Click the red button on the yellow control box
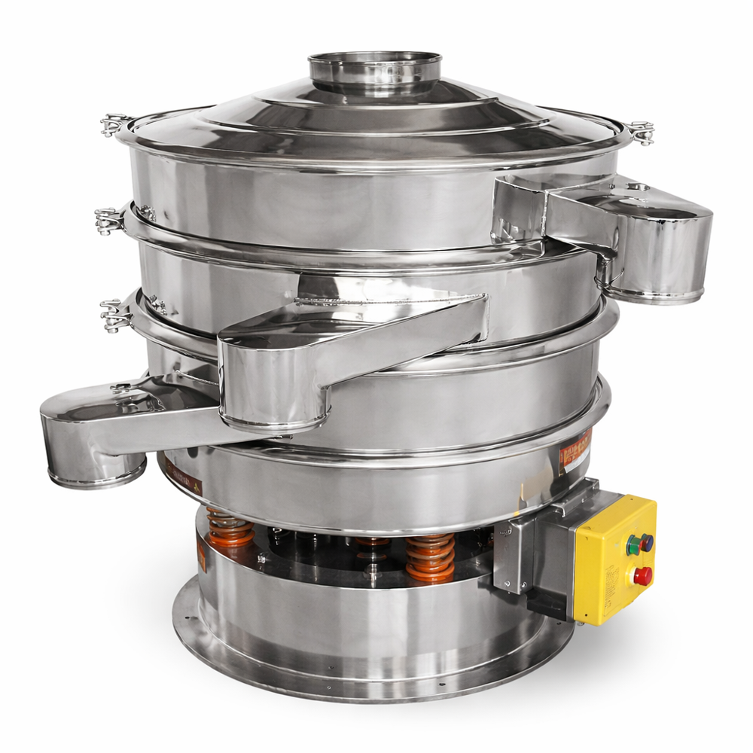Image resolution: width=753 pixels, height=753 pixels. click(642, 576)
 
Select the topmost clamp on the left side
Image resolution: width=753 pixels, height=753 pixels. click(114, 123)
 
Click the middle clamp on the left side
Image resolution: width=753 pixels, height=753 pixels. click(108, 219)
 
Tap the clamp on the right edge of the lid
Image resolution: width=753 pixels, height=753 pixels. click(641, 133)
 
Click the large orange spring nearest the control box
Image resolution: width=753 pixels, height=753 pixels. click(430, 557)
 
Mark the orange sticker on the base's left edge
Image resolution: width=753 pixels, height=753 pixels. click(201, 558)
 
